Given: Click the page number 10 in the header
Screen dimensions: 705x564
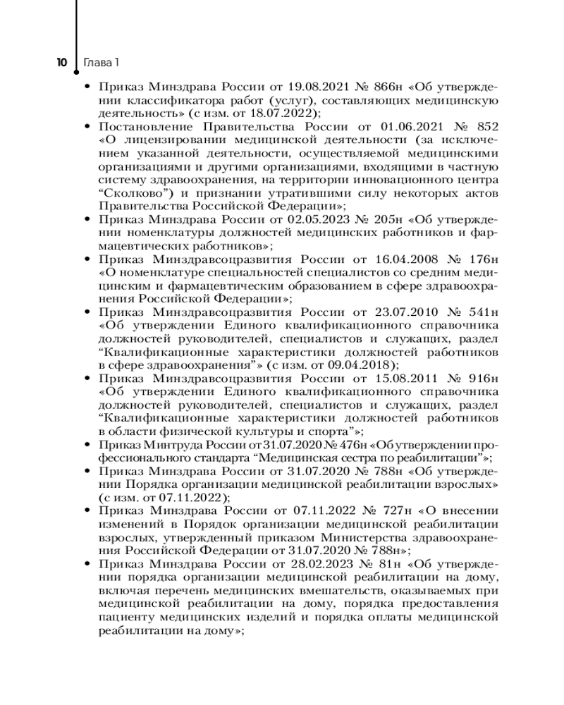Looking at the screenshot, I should tap(62, 63).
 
